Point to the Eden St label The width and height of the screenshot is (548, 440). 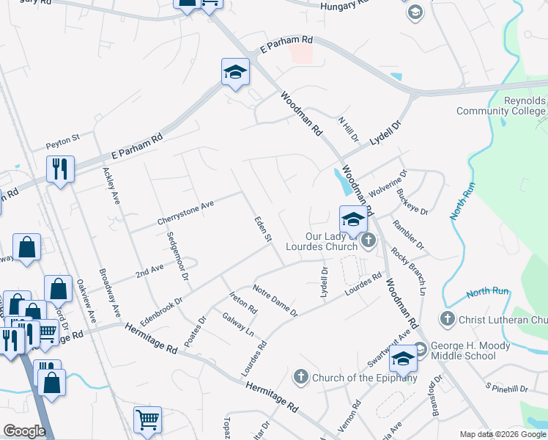[263, 229]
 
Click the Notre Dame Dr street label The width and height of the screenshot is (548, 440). [275, 301]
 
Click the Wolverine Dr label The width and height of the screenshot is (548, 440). [387, 188]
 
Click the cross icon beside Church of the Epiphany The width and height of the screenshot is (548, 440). [300, 378]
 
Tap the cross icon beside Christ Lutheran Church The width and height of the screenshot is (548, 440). [446, 319]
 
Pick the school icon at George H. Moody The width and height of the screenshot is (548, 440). [403, 358]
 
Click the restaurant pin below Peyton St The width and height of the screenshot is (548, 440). [59, 168]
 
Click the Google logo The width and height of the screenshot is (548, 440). [24, 431]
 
